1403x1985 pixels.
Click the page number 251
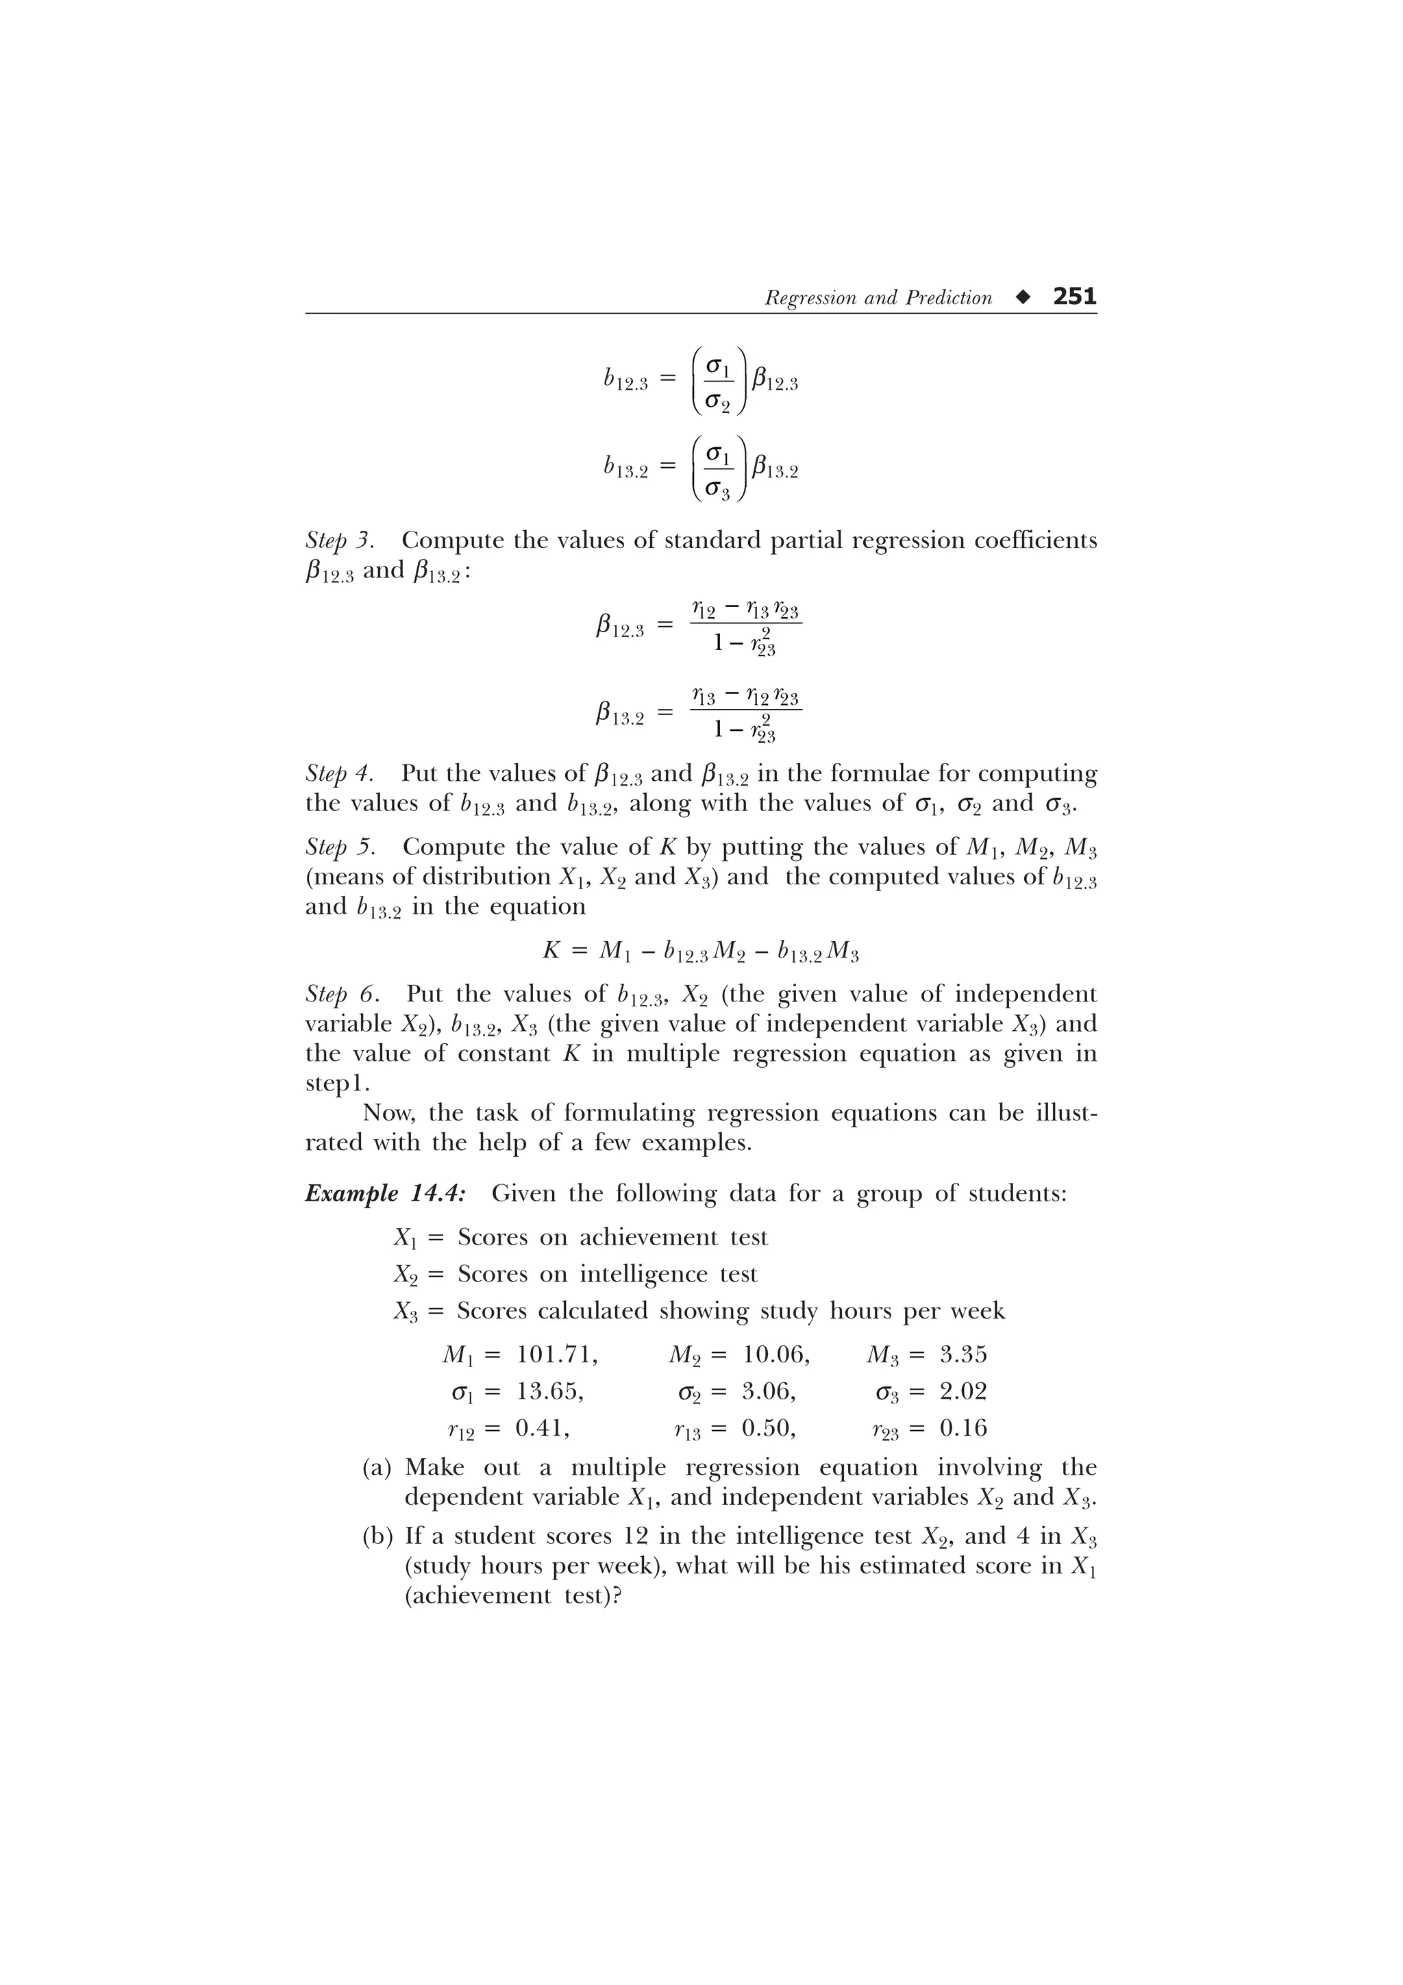1074,297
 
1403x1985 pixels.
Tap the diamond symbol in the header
1023,297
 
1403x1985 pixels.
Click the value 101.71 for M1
556,1354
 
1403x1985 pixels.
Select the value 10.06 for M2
775,1354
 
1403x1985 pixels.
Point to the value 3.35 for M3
963,1354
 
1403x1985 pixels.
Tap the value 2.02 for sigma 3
963,1391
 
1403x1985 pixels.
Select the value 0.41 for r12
542,1427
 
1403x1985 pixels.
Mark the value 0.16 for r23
963,1427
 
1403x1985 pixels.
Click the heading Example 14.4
386,1194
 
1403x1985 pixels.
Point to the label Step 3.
340,541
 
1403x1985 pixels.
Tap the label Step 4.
340,773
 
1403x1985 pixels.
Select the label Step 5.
340,847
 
